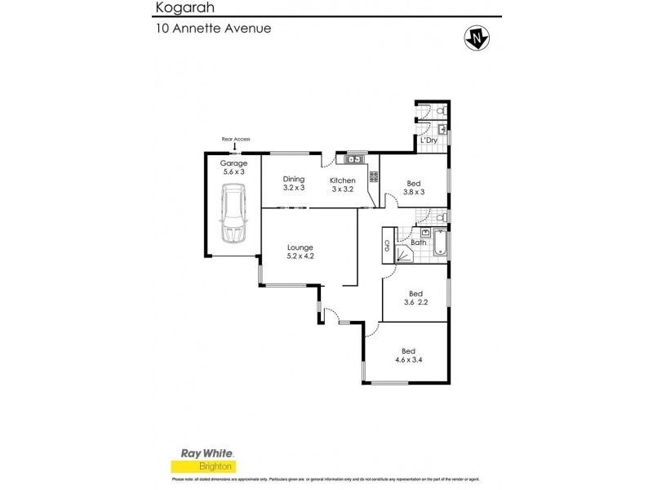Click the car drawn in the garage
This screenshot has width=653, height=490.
pyautogui.click(x=234, y=214)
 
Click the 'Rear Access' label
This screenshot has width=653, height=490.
pyautogui.click(x=235, y=140)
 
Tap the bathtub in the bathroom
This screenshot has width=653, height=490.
pyautogui.click(x=440, y=243)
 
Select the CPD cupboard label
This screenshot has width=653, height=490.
pyautogui.click(x=386, y=244)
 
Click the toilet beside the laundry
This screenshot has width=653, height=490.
pyautogui.click(x=440, y=109)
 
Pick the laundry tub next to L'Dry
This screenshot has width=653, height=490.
pyautogui.click(x=441, y=129)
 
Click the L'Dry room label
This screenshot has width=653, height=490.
pyautogui.click(x=429, y=141)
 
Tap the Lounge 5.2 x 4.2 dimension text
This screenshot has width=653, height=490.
pyautogui.click(x=300, y=252)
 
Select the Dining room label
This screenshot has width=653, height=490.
pyautogui.click(x=293, y=180)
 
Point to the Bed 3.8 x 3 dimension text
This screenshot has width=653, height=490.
pyautogui.click(x=415, y=188)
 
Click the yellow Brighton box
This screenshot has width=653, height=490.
pyautogui.click(x=202, y=466)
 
